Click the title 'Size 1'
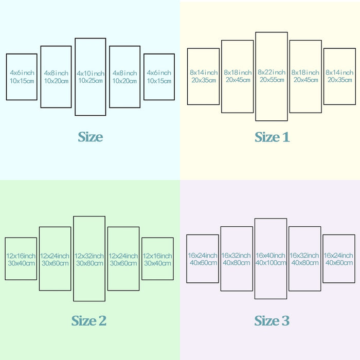tap(272, 137)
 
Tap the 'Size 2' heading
tap(89, 320)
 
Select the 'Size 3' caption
tap(272, 320)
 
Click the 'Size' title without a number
tap(90, 137)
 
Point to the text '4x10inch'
tap(91, 74)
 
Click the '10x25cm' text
tap(91, 81)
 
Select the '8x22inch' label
tap(272, 73)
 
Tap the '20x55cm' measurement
tap(272, 80)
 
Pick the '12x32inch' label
tap(89, 256)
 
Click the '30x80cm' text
tap(89, 263)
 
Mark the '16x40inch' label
tap(271, 255)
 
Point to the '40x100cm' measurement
tap(271, 263)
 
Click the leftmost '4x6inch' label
tap(22, 73)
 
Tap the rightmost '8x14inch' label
tap(339, 73)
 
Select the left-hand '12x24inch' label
tap(55, 256)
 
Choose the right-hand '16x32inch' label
tap(304, 255)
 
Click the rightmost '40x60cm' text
tap(339, 263)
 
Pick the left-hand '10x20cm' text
tap(56, 81)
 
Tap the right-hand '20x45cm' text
tap(306, 80)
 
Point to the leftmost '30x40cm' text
tap(22, 263)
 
